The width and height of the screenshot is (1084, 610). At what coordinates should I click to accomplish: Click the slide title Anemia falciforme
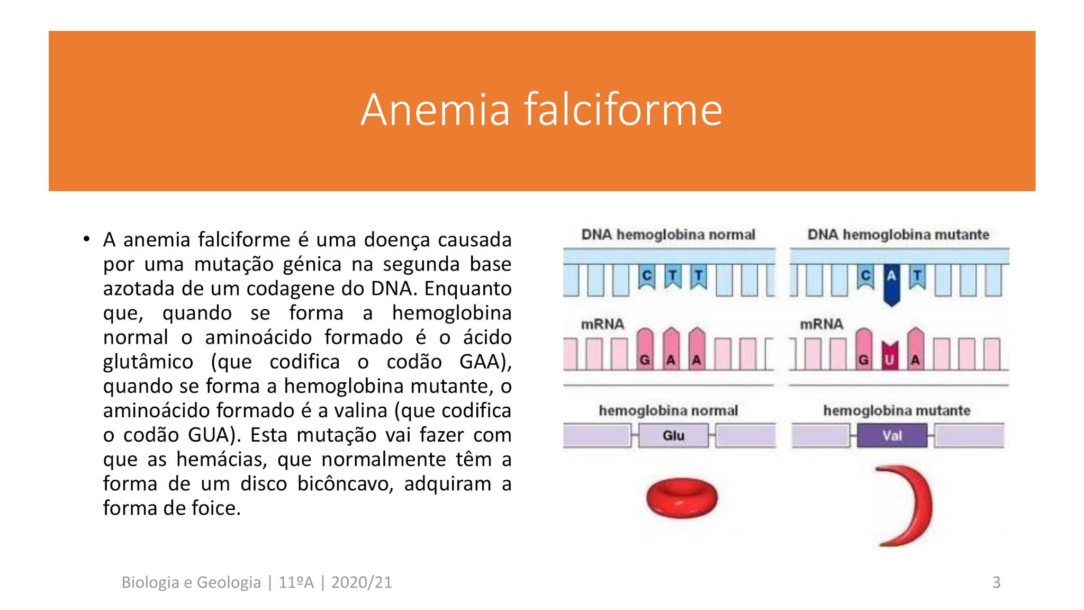541,110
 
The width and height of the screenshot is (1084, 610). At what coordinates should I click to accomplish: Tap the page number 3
996,582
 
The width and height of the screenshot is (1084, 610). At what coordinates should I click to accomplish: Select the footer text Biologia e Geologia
191,582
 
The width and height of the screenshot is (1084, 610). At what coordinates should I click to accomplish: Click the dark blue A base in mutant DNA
892,281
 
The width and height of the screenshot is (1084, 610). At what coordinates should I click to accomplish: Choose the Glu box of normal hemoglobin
673,436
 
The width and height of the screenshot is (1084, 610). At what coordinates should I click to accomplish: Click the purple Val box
892,436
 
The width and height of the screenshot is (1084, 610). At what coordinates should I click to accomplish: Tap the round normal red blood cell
682,498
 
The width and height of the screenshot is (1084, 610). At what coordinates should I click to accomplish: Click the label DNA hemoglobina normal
668,235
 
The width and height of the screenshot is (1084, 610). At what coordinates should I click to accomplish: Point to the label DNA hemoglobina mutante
898,235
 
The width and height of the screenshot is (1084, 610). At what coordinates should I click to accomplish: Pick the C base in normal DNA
646,276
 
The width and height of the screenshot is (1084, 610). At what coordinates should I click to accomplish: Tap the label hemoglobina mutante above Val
897,410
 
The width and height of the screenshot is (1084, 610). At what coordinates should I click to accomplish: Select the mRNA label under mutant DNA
821,324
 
